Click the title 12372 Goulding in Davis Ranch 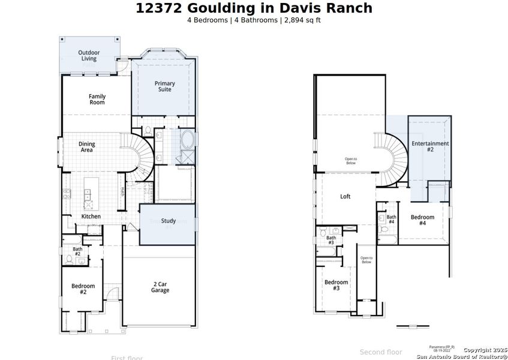coord(254,8)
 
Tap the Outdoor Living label coord(89,56)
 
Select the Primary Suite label coord(164,86)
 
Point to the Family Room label coord(97,99)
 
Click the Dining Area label coord(87,147)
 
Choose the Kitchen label coord(91,216)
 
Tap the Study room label coord(169,221)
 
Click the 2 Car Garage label coord(160,287)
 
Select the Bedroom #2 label coord(83,289)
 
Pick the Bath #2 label coord(77,251)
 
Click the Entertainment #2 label coord(430,146)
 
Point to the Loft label coord(345,196)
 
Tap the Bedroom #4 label coord(422,220)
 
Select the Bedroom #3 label coord(336,285)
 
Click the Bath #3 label coord(331,240)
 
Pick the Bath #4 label coord(391,220)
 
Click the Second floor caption coord(381,352)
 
